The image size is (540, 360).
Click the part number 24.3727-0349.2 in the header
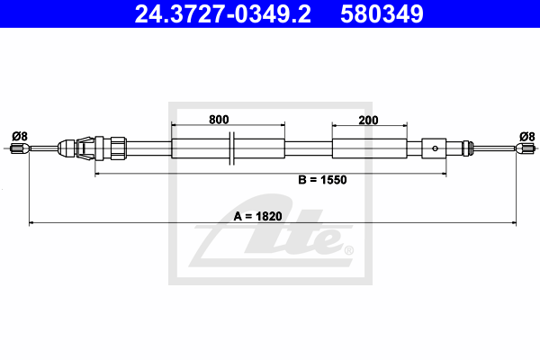pyautogui.click(x=223, y=13)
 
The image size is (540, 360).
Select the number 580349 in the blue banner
pyautogui.click(x=382, y=13)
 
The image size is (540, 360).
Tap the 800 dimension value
pyautogui.click(x=219, y=120)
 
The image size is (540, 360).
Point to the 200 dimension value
pyautogui.click(x=368, y=121)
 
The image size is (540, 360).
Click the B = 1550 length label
pyautogui.click(x=322, y=180)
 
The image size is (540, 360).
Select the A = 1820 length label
pyautogui.click(x=257, y=216)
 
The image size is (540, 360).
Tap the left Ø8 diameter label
pyautogui.click(x=20, y=137)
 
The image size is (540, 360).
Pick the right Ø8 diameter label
pyautogui.click(x=526, y=137)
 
